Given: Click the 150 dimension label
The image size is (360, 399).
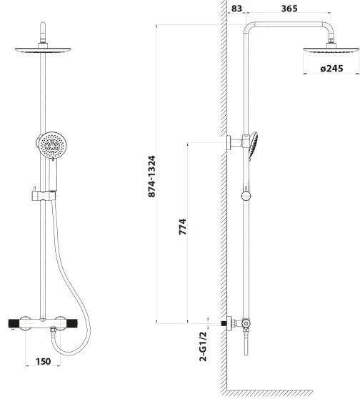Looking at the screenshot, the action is [44, 361].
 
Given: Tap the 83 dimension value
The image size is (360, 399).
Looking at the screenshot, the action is [236, 9].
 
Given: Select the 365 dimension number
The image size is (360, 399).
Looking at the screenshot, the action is [289, 9].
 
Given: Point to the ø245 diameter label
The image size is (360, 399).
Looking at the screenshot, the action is [331, 68].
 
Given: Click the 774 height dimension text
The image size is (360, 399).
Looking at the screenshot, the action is [183, 227].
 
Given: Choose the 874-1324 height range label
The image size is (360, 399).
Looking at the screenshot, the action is [151, 176].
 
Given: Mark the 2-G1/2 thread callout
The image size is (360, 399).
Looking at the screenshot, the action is [204, 346].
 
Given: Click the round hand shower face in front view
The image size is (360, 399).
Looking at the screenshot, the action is [53, 145].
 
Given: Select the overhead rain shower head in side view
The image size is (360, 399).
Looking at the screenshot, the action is [331, 50].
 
